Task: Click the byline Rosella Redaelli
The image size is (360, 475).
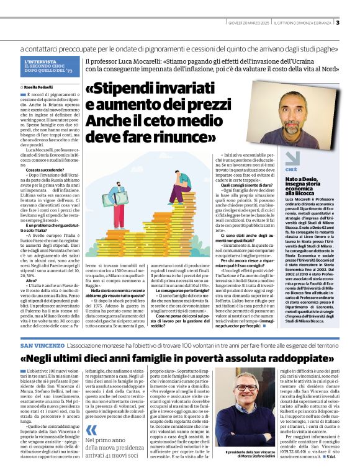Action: pyautogui.click(x=40, y=86)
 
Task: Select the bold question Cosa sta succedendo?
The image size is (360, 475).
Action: pyautogui.click(x=43, y=169)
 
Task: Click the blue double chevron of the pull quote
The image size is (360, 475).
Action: pyautogui.click(x=92, y=413)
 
